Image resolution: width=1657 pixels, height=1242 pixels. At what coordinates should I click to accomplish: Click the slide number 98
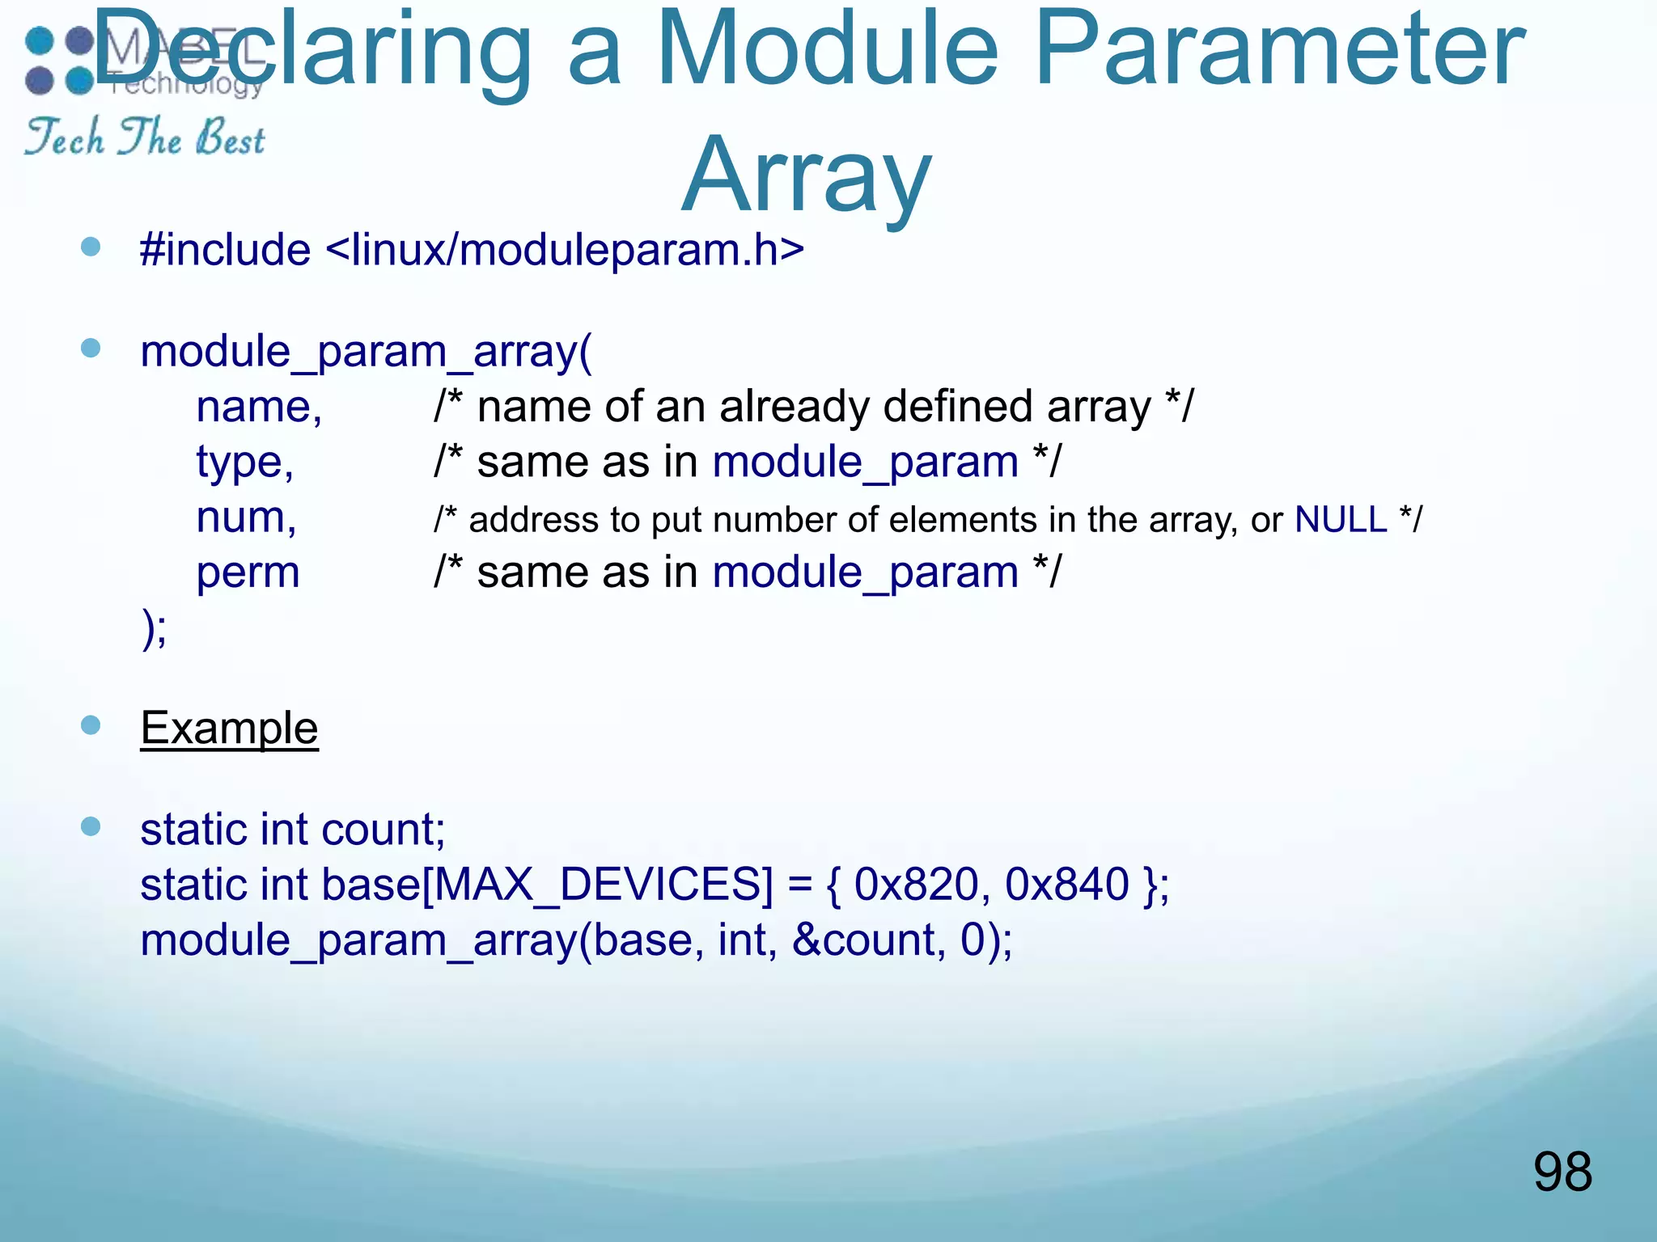coord(1562,1172)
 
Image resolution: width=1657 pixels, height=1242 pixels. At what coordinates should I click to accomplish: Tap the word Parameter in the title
coord(1278,50)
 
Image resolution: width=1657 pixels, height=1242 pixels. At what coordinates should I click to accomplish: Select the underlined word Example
coord(229,728)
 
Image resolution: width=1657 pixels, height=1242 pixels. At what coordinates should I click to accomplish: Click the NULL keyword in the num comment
coord(1341,519)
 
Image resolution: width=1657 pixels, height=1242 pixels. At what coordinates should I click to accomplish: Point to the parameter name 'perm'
coord(248,572)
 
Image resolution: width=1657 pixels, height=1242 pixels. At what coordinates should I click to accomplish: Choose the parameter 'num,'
coord(246,517)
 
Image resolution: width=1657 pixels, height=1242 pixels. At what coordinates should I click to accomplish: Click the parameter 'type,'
coord(244,463)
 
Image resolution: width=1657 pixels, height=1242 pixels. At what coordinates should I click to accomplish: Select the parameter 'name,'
coord(259,407)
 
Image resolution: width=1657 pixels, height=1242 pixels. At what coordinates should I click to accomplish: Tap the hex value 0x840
coord(1066,884)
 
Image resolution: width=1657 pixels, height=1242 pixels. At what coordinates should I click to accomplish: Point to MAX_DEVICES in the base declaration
coord(597,884)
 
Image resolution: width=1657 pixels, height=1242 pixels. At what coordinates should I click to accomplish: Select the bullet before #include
coord(91,247)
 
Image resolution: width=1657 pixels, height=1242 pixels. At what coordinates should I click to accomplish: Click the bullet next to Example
coord(91,725)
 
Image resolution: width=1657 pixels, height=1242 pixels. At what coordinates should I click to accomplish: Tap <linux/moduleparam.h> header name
coord(564,249)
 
